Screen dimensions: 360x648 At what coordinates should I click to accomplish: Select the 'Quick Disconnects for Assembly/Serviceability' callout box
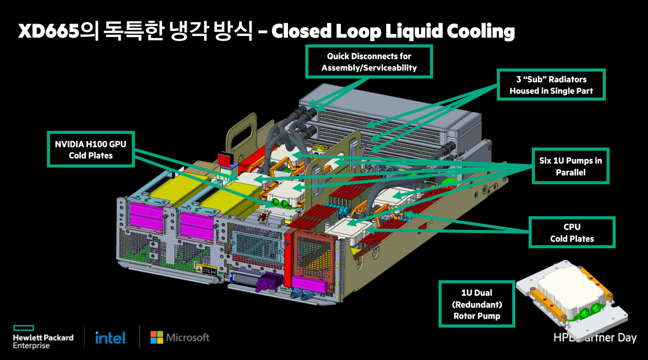[x=369, y=61]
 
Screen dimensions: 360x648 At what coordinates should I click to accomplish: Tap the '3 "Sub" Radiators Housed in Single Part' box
[x=551, y=85]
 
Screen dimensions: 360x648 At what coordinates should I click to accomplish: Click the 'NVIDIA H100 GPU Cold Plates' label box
[x=91, y=149]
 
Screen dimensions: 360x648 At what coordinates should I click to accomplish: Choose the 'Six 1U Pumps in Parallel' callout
[x=570, y=166]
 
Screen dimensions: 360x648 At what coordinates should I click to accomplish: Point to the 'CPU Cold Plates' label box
[x=571, y=232]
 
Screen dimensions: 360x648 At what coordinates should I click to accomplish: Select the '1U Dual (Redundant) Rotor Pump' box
[x=476, y=304]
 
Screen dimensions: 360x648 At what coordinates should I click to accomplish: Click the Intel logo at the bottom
[x=111, y=338]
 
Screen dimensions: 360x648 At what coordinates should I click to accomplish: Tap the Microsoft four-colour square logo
[x=156, y=337]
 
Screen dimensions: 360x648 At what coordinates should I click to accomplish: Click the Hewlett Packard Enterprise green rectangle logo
[x=23, y=328]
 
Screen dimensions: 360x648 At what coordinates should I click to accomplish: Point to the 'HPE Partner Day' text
[x=595, y=338]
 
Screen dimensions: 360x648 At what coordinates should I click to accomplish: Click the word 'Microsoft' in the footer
[x=187, y=337]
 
